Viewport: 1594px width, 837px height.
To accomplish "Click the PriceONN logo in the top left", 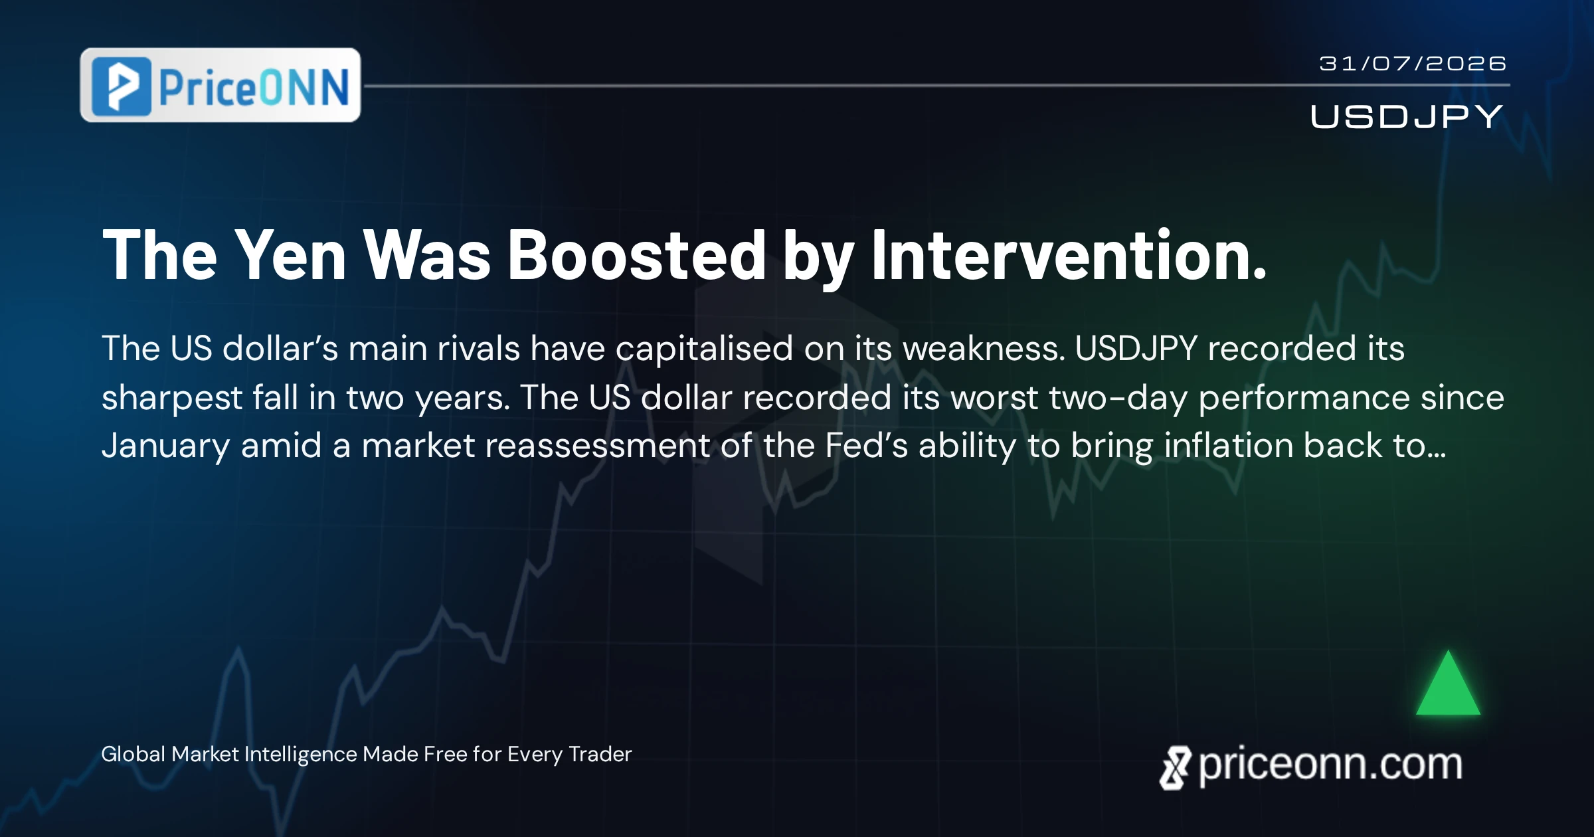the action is (221, 85).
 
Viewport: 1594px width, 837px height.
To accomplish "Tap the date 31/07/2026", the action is (1413, 64).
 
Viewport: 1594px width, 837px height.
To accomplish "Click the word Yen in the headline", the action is (290, 256).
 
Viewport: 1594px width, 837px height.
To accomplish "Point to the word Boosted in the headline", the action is (637, 256).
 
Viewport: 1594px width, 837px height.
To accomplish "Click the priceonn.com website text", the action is (1330, 765).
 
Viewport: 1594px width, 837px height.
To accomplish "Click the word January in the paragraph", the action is (165, 446).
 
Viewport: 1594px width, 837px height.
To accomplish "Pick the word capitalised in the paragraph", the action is (704, 349).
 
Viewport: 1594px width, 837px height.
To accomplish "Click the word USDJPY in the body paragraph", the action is (1136, 348).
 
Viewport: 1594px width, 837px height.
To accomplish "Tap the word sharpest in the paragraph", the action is (171, 399).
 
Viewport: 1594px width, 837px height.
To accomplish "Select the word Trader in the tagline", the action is (600, 754).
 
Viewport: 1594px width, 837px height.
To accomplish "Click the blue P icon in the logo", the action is (122, 86).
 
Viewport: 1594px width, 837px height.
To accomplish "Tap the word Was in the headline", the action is (427, 256).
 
